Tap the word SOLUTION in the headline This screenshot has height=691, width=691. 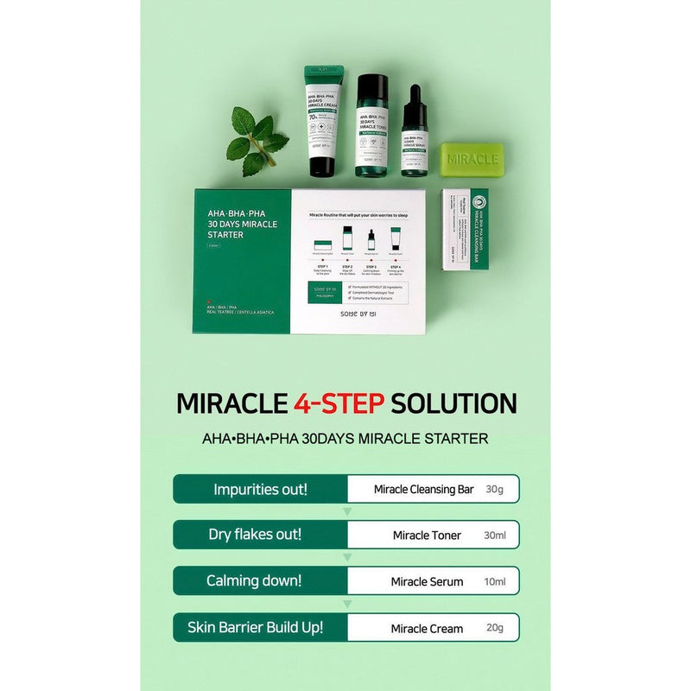pyautogui.click(x=454, y=403)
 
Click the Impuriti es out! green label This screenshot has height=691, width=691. pyautogui.click(x=259, y=489)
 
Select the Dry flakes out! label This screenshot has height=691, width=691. pyautogui.click(x=255, y=535)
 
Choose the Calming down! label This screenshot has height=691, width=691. pyautogui.click(x=254, y=580)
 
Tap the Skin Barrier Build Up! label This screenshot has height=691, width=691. pyautogui.click(x=256, y=627)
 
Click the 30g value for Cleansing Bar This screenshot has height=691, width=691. pyautogui.click(x=494, y=490)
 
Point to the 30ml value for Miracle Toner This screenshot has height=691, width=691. pyautogui.click(x=495, y=536)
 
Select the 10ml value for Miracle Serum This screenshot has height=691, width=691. pyautogui.click(x=495, y=581)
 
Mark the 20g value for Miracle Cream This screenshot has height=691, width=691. pyautogui.click(x=495, y=628)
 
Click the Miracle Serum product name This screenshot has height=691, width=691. pyautogui.click(x=428, y=581)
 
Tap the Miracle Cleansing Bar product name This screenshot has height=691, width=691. pyautogui.click(x=423, y=490)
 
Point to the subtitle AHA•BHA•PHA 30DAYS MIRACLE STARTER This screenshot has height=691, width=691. pyautogui.click(x=345, y=438)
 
